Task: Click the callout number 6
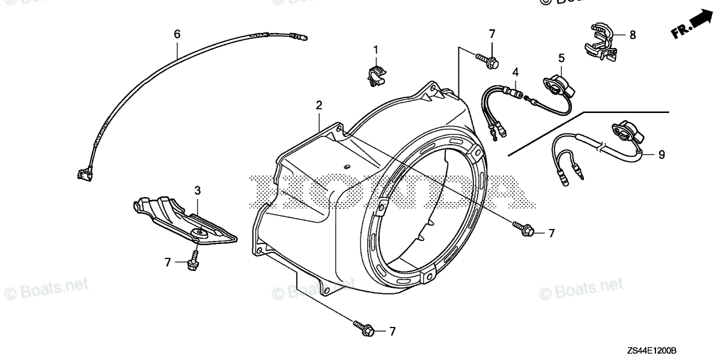pyautogui.click(x=177, y=34)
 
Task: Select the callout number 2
pyautogui.click(x=319, y=105)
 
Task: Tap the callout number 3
pyautogui.click(x=197, y=191)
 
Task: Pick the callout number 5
pyautogui.click(x=561, y=58)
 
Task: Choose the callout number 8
pyautogui.click(x=633, y=35)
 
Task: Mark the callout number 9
pyautogui.click(x=661, y=154)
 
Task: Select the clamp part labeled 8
pyautogui.click(x=601, y=40)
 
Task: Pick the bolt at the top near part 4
pyautogui.click(x=486, y=59)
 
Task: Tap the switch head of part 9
pyautogui.click(x=627, y=132)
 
